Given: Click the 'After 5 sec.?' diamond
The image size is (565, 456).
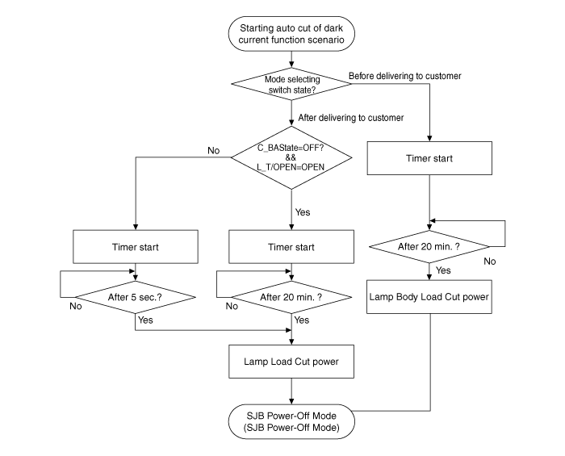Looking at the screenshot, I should pyautogui.click(x=135, y=295).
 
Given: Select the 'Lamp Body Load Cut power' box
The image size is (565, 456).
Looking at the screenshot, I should pyautogui.click(x=429, y=295).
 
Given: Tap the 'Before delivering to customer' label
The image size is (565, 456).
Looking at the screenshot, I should pyautogui.click(x=404, y=76).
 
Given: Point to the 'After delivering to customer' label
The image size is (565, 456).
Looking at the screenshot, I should pyautogui.click(x=351, y=118).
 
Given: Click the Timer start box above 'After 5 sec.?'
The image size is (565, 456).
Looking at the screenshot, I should pyautogui.click(x=135, y=246).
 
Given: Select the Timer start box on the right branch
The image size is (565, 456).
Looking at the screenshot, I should pyautogui.click(x=429, y=157).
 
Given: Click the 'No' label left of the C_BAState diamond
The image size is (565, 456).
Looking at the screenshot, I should pyautogui.click(x=213, y=150).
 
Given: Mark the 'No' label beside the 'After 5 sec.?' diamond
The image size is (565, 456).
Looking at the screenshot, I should pyautogui.click(x=76, y=307).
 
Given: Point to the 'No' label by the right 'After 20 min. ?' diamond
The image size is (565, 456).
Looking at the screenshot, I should pyautogui.click(x=490, y=261).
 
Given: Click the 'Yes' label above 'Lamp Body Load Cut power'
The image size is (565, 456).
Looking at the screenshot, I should pyautogui.click(x=443, y=270).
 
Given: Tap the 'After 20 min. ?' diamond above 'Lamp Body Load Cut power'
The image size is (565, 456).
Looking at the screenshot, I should pyautogui.click(x=429, y=244).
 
